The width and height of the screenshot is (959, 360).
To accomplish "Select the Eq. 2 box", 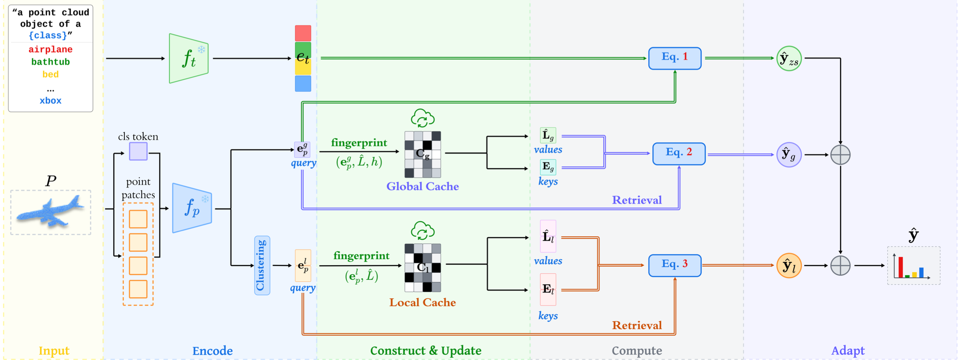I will [x=679, y=154].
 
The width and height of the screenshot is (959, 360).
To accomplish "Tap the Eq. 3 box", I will [x=675, y=265].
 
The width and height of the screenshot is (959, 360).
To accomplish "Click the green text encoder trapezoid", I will [x=188, y=59].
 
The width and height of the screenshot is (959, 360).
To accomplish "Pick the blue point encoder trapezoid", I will [x=192, y=208].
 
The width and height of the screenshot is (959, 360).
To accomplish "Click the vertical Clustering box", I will [x=262, y=265].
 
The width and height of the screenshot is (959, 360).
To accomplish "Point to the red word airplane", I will [x=50, y=50].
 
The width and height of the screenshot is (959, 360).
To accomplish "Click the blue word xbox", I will [x=50, y=101].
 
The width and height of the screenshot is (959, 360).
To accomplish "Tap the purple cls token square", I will [x=138, y=151].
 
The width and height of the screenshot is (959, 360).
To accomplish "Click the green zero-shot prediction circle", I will [x=789, y=59].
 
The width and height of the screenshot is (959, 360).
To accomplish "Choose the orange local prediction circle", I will [x=789, y=266].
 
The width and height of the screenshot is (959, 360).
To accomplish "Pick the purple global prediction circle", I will [x=789, y=155].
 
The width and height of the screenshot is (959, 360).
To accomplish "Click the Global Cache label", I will [x=422, y=187].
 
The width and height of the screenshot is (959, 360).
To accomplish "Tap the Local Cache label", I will [x=422, y=302].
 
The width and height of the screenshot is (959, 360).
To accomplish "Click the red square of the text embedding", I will [x=303, y=33].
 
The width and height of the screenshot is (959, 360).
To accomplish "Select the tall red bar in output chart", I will [x=901, y=267].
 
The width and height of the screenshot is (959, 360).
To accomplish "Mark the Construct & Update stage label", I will [x=425, y=350].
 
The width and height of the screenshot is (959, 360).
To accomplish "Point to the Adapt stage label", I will [x=848, y=350].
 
